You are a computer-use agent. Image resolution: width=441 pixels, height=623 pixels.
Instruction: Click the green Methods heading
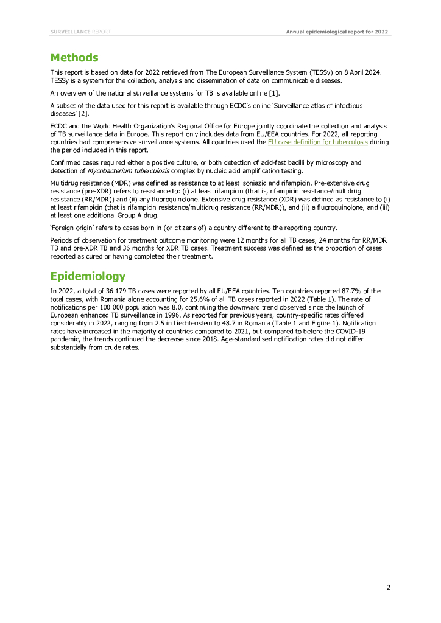[x=74, y=58]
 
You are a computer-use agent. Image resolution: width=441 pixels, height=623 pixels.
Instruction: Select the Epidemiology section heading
[x=88, y=276]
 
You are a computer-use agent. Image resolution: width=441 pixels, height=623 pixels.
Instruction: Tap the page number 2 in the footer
[x=388, y=587]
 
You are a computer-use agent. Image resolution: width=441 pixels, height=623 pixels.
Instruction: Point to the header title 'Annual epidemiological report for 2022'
[x=337, y=31]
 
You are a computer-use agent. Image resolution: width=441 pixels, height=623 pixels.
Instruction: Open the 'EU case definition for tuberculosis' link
[x=317, y=142]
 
